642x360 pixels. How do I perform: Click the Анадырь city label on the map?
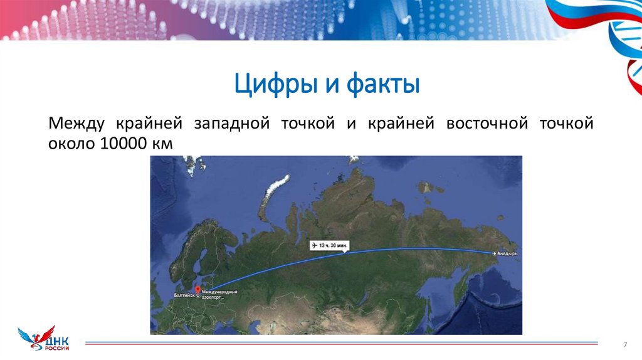coord(507,253)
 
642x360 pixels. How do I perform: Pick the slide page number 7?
coord(624,344)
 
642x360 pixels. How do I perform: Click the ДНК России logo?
coord(44,338)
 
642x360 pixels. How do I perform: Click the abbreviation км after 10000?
coord(161,144)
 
